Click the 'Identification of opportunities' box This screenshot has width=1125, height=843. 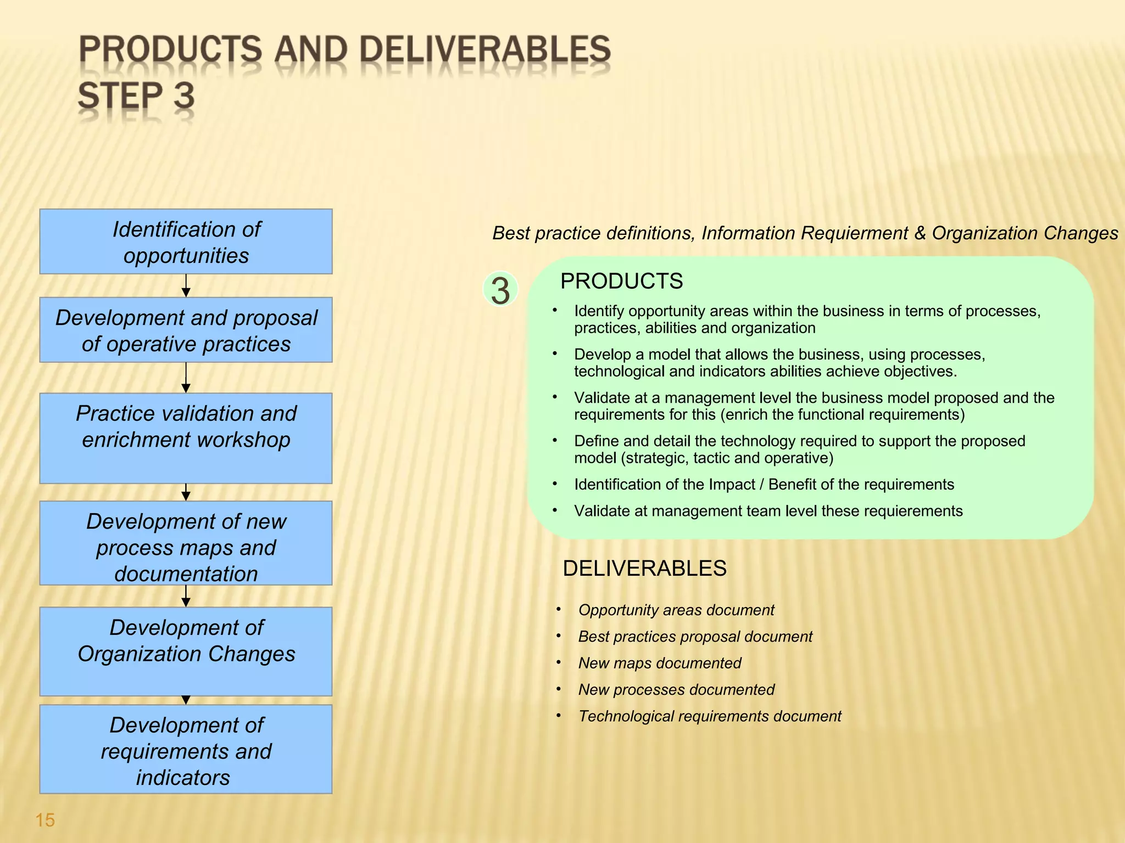186,241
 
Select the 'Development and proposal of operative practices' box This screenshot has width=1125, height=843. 186,330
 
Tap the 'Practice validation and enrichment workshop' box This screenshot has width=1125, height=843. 186,437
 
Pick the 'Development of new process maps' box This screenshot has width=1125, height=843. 186,543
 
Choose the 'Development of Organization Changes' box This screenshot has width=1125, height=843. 186,651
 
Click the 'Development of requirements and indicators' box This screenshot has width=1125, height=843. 186,749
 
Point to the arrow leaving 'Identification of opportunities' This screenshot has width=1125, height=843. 186,285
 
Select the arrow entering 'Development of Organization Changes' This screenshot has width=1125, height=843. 186,596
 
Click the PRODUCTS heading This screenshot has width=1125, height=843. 621,281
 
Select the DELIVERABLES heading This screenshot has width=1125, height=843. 644,569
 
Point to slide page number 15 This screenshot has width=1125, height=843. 45,820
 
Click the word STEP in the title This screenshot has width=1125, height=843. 120,96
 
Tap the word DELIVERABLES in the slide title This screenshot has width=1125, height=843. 484,49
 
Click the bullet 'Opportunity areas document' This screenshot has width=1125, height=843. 676,610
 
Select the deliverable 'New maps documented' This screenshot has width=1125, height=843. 659,663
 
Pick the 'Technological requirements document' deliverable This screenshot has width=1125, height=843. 709,716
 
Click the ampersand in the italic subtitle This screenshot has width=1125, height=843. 920,233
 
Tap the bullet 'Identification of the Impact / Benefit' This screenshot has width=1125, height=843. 764,485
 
